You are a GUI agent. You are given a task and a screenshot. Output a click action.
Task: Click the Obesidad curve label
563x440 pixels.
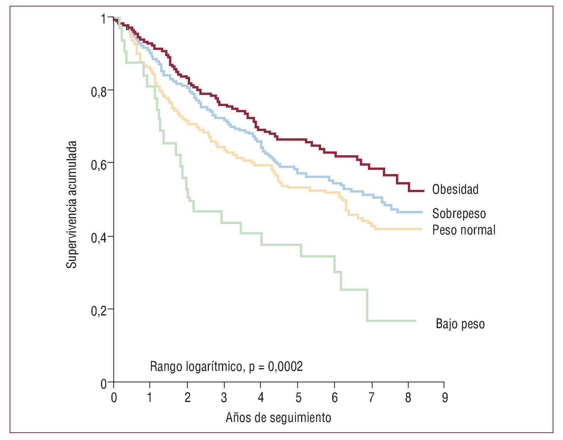(x=455, y=189)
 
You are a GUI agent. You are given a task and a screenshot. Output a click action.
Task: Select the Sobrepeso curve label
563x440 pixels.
(x=459, y=214)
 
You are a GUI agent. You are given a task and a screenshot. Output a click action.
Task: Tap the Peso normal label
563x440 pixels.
(x=464, y=230)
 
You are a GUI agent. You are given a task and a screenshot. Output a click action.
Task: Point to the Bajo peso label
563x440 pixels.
(x=460, y=324)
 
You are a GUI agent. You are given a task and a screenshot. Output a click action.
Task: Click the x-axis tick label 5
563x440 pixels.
(x=298, y=398)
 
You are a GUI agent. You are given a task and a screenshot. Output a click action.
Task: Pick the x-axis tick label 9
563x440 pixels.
(x=445, y=398)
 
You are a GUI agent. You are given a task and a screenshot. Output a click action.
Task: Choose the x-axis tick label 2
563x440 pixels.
(x=187, y=398)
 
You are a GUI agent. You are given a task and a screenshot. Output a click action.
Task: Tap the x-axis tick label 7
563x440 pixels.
(x=371, y=398)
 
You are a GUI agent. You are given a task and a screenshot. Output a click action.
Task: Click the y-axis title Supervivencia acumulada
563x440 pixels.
(x=72, y=204)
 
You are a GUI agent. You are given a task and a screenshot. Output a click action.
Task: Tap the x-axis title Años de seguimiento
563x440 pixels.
(x=278, y=418)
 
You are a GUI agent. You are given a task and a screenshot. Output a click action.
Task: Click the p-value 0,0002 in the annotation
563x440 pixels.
(x=285, y=367)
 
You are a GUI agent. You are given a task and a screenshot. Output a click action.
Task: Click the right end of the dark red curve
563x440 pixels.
(x=423, y=191)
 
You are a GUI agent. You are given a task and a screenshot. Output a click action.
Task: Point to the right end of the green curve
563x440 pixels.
(x=416, y=320)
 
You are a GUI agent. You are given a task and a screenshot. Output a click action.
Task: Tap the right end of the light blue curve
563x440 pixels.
(x=422, y=212)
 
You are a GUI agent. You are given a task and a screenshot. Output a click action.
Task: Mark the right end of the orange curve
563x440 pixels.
(x=421, y=229)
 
